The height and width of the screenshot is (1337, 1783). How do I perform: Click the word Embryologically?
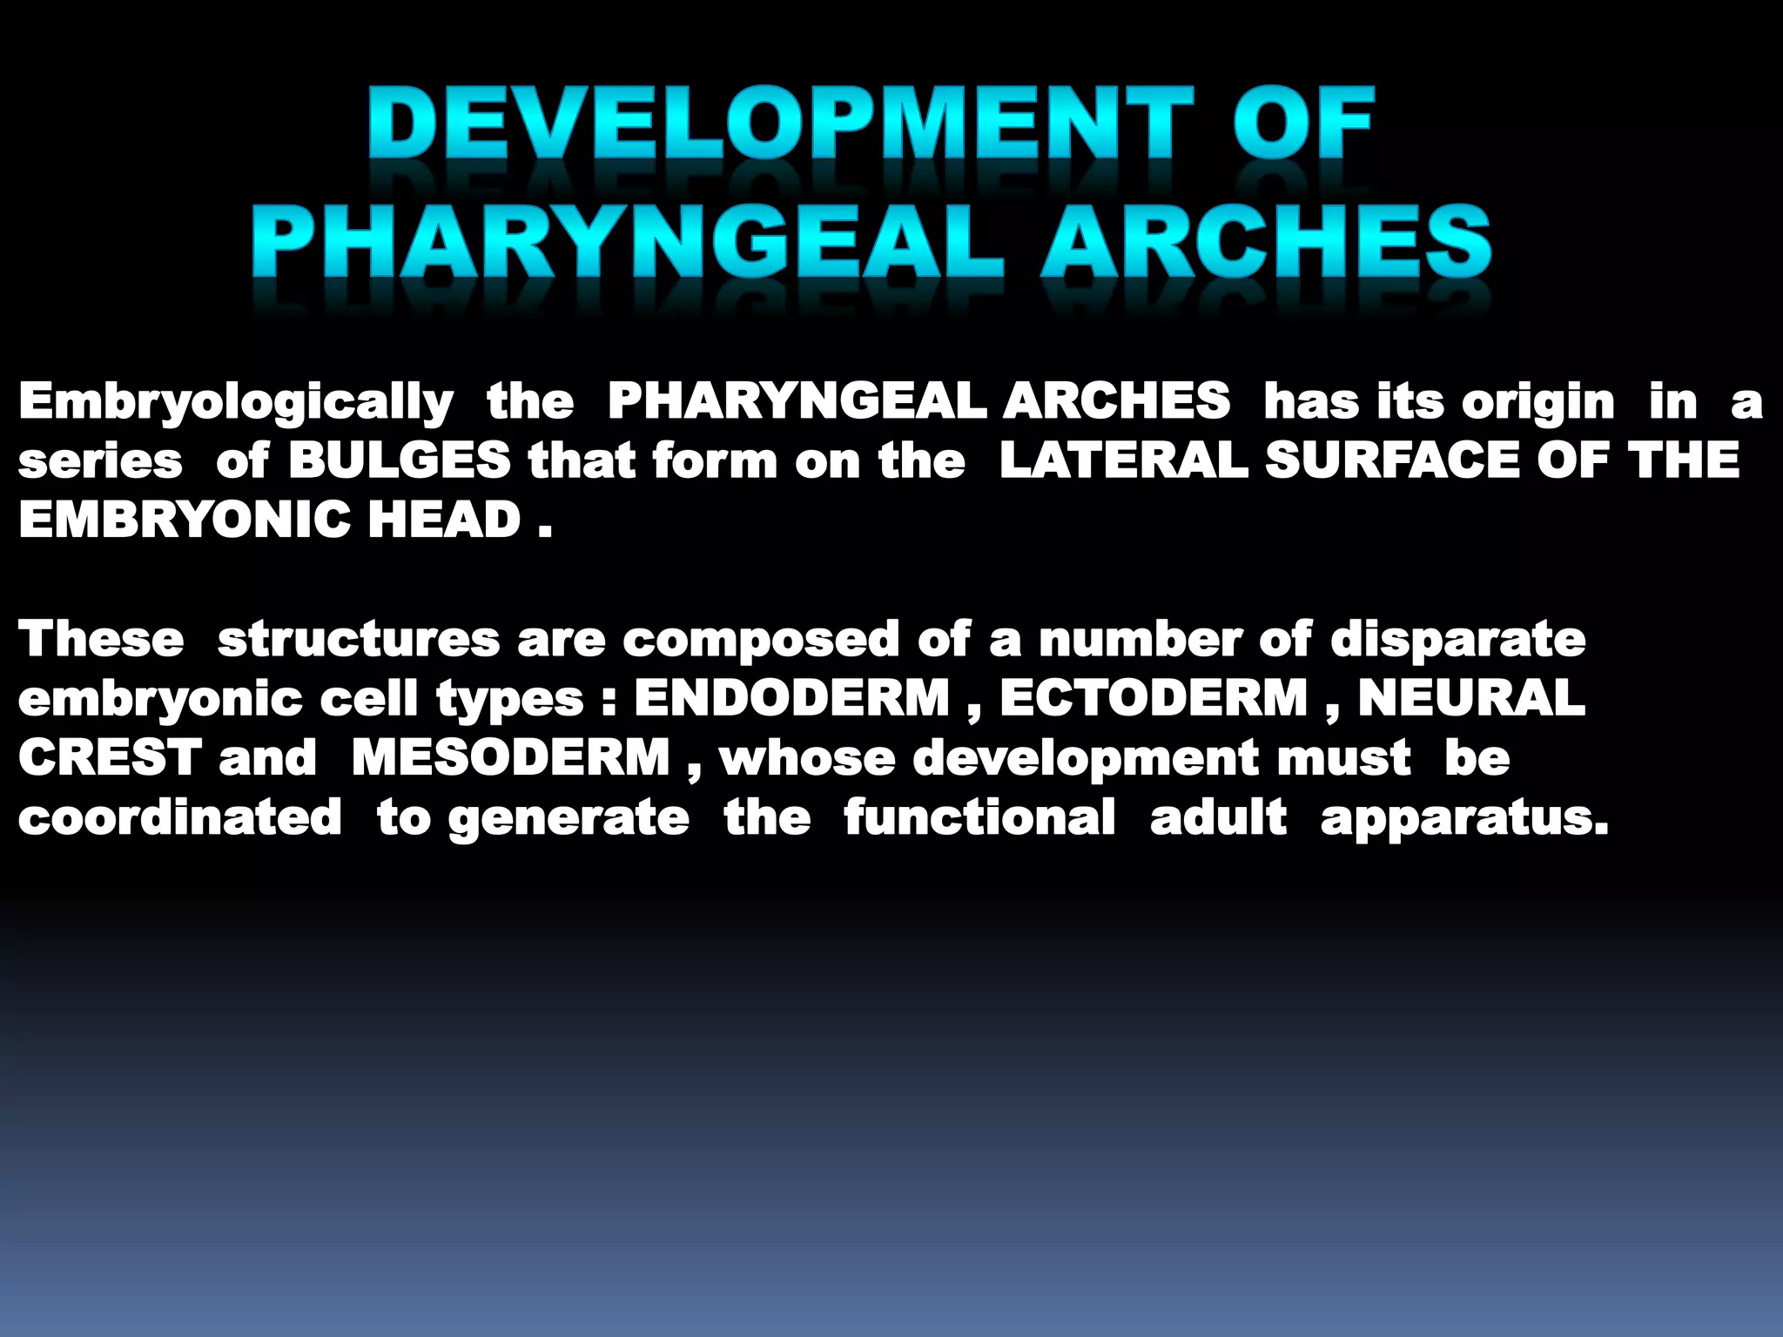(236, 402)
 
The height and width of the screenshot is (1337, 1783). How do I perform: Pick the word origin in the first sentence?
(1537, 402)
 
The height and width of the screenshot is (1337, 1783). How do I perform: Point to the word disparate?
(1457, 640)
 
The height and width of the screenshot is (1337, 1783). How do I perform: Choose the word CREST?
(110, 756)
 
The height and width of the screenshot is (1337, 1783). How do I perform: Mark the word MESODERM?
(511, 756)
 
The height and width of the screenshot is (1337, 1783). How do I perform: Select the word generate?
(569, 818)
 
